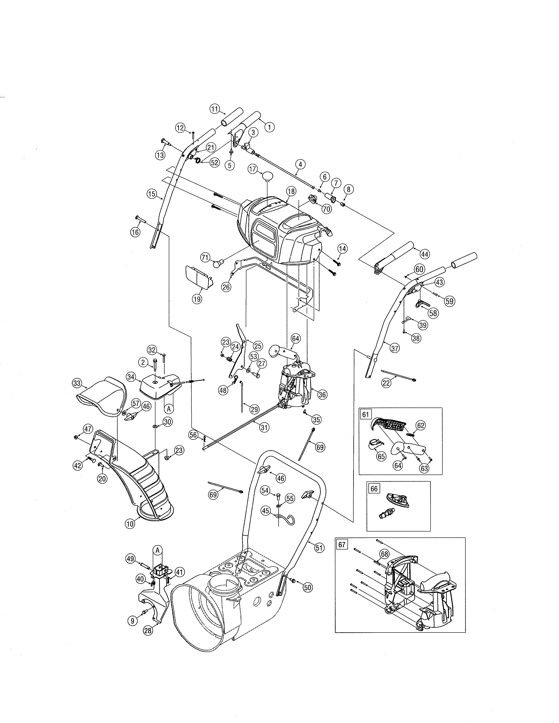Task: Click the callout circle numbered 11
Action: click(215, 109)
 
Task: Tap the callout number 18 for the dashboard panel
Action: click(291, 191)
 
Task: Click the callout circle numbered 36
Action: click(322, 394)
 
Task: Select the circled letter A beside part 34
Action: click(169, 409)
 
